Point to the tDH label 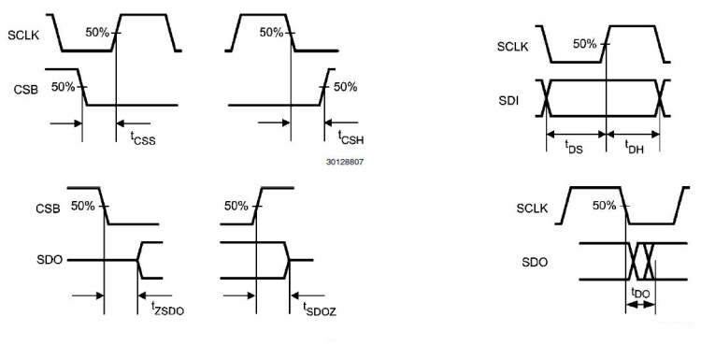(634, 146)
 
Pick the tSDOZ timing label (318, 306)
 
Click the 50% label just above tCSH (345, 87)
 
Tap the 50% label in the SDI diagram (584, 44)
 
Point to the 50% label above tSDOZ (237, 206)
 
